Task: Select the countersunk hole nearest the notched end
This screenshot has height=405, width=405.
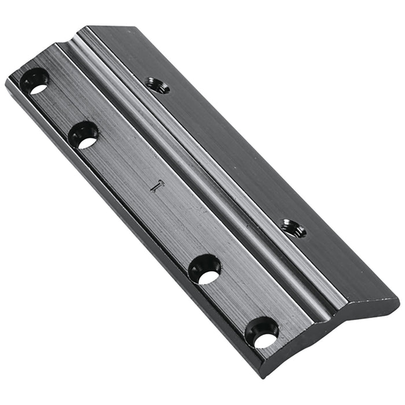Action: pos(35,81)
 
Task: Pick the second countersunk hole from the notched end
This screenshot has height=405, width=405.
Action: pos(83,135)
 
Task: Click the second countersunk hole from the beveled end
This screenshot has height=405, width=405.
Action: pos(205,269)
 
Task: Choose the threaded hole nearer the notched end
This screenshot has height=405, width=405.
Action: pos(157,86)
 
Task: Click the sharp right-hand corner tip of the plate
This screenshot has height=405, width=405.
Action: pos(398,300)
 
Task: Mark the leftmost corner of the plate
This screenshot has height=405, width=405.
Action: pos(6,80)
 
